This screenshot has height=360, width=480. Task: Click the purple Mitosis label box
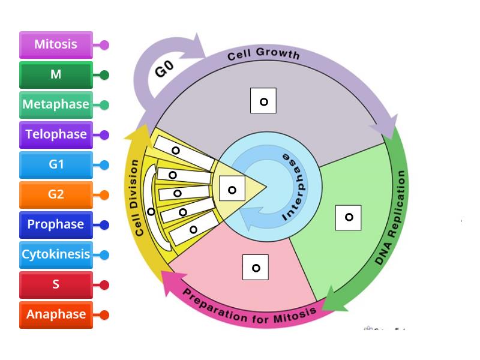56,44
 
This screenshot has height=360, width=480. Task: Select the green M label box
56,74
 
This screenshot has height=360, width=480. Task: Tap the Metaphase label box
56,104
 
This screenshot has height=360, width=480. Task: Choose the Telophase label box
56,134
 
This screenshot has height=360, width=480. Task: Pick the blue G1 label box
56,164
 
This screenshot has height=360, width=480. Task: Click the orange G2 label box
56,194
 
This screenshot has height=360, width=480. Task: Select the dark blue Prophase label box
56,224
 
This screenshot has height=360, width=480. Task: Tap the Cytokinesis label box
56,254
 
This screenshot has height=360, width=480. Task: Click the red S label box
56,284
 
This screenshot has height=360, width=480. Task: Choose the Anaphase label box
56,314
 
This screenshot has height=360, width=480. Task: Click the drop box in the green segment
349,218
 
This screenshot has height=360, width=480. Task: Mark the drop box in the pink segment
256,267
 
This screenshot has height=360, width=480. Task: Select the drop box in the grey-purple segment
263,101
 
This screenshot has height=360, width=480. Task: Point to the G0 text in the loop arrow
164,68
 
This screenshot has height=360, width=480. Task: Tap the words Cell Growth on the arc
263,53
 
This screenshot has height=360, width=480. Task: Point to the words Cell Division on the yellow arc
136,198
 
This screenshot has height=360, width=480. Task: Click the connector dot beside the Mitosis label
104,45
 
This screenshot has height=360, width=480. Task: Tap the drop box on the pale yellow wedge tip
232,188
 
